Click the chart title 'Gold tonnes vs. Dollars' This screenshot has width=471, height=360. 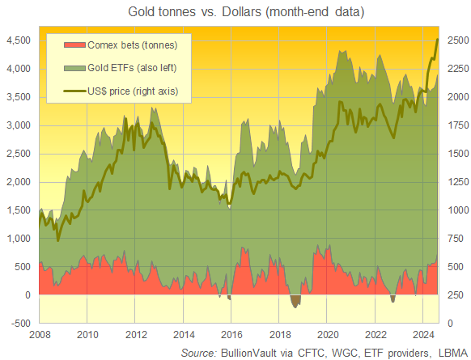click(235, 12)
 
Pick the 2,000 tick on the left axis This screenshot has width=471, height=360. click(19, 182)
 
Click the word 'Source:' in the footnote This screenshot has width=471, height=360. click(198, 352)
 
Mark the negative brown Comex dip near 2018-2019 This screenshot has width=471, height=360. click(295, 302)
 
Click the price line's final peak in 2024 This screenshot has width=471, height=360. click(438, 39)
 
